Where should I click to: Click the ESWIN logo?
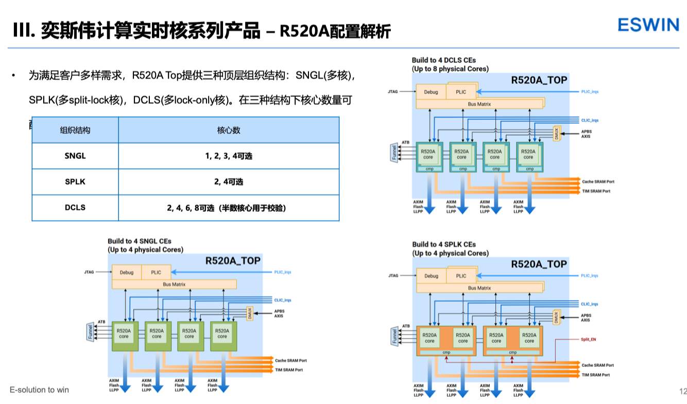(648, 24)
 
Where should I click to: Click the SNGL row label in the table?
(75, 156)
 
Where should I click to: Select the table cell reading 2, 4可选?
(229, 182)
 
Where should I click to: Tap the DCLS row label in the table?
(75, 208)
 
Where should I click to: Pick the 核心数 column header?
(229, 130)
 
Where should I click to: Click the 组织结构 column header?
(75, 130)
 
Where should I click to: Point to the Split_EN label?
(588, 340)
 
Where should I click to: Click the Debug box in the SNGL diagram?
(126, 272)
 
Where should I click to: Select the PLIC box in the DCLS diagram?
(461, 92)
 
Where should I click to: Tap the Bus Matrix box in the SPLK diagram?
(479, 288)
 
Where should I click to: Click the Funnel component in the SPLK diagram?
(394, 336)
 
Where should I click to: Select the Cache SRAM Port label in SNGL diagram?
(291, 360)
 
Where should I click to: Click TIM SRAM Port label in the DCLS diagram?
(596, 191)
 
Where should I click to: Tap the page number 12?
(683, 390)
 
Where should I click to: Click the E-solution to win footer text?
(39, 390)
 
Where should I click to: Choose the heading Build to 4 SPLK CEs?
(444, 244)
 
